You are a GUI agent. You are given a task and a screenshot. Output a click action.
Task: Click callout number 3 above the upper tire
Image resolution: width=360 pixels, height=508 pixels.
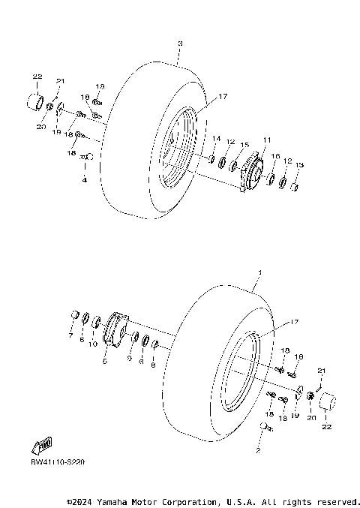(180, 44)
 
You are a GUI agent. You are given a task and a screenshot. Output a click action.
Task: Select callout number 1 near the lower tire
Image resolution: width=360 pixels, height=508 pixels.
(259, 272)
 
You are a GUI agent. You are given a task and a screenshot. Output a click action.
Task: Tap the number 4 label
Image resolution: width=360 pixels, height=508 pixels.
(85, 180)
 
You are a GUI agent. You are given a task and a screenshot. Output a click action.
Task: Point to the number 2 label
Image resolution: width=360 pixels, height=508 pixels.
(257, 451)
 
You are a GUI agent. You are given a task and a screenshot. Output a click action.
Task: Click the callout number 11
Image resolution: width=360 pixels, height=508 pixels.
(266, 140)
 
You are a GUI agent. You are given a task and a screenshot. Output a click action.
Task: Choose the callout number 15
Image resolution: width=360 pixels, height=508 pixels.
(244, 144)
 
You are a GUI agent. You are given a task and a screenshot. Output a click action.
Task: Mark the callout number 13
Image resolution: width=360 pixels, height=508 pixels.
(299, 165)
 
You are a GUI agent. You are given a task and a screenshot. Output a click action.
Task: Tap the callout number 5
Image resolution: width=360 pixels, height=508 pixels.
(104, 362)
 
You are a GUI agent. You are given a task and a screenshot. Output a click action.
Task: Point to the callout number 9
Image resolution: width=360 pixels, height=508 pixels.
(129, 358)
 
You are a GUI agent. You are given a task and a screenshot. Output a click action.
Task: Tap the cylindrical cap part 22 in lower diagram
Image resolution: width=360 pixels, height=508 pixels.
(326, 403)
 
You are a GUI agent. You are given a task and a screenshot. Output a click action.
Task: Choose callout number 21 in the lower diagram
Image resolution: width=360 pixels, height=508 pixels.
(322, 371)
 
